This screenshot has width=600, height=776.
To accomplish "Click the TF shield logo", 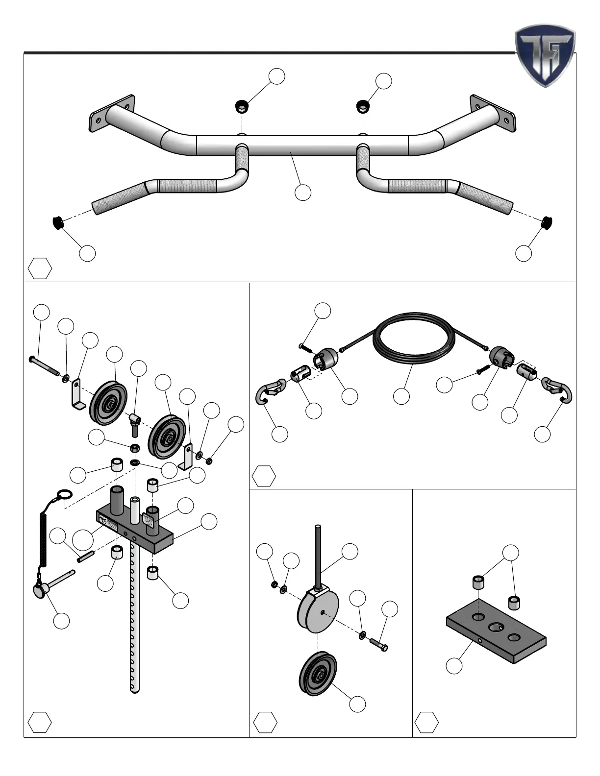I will (x=545, y=55).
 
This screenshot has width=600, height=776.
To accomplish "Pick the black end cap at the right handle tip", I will (x=546, y=223).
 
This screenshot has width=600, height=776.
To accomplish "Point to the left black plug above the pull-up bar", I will (x=241, y=105).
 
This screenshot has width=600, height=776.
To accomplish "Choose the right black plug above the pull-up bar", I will (x=362, y=105).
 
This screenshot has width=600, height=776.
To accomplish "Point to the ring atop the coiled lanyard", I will (x=65, y=494).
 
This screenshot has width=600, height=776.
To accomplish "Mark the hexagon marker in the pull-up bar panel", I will (x=40, y=268).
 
